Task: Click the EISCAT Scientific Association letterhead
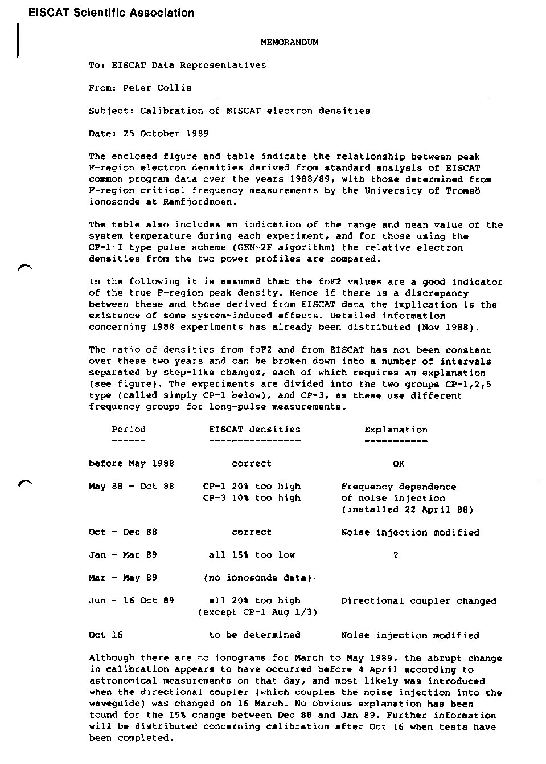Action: pyautogui.click(x=112, y=13)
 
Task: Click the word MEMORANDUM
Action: pyautogui.click(x=289, y=42)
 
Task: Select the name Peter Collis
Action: pyautogui.click(x=157, y=88)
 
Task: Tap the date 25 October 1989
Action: pyautogui.click(x=166, y=133)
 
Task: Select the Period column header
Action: pyautogui.click(x=129, y=430)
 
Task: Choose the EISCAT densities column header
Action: pyautogui.click(x=254, y=430)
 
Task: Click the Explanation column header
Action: pyautogui.click(x=396, y=430)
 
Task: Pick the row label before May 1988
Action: pyautogui.click(x=132, y=464)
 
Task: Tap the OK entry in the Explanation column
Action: pyautogui.click(x=399, y=464)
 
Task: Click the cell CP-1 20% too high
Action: pyautogui.click(x=252, y=487)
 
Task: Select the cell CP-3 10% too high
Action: pyautogui.click(x=252, y=498)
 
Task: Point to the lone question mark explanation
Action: pyautogui.click(x=396, y=555)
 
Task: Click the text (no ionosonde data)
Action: pyautogui.click(x=257, y=578)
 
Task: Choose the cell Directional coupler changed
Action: pyautogui.click(x=418, y=601)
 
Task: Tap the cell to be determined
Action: pyautogui.click(x=254, y=635)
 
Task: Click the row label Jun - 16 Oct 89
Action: pyautogui.click(x=132, y=600)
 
